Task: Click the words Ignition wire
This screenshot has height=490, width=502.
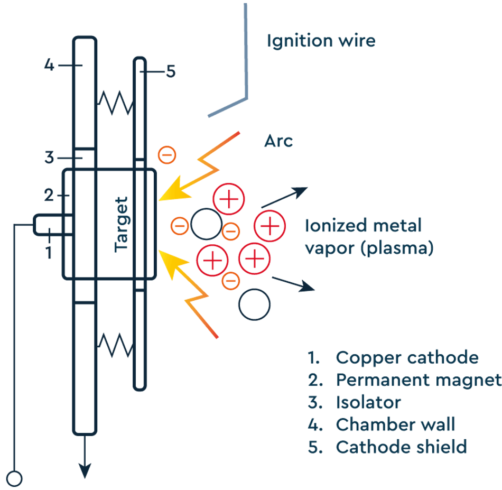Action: tap(321, 41)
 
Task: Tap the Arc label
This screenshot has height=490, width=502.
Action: tap(278, 142)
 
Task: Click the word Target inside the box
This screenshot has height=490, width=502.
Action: tap(122, 224)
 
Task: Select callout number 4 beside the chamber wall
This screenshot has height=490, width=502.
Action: tap(49, 66)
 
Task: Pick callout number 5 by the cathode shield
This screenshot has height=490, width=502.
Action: tap(170, 71)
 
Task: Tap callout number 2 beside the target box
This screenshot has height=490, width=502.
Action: tap(49, 196)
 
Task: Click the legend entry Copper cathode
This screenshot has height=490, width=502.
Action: tap(407, 357)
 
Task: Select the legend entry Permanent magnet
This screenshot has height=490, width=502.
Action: tap(417, 380)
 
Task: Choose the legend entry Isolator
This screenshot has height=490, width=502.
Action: tap(368, 402)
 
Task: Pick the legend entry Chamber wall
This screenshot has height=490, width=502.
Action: tap(395, 424)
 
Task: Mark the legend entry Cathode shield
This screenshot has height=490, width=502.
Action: tap(401, 447)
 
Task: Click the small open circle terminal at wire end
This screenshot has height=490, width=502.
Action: tap(15, 478)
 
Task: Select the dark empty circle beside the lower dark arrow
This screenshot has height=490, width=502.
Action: tap(254, 304)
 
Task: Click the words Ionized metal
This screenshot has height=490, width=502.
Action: tap(363, 226)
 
